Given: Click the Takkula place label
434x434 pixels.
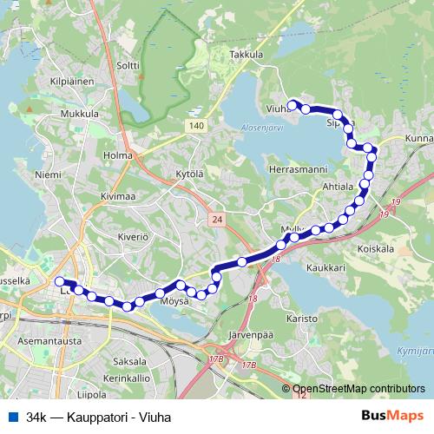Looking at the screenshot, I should [247, 54].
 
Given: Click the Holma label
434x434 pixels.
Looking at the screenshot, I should [117, 156].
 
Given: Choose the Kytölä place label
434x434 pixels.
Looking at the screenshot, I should [188, 174].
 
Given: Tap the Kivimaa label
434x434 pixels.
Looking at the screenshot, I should [117, 197].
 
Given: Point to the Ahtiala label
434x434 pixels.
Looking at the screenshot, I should [338, 187].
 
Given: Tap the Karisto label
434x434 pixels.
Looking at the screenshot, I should [302, 319].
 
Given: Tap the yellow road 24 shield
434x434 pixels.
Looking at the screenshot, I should [216, 220].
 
